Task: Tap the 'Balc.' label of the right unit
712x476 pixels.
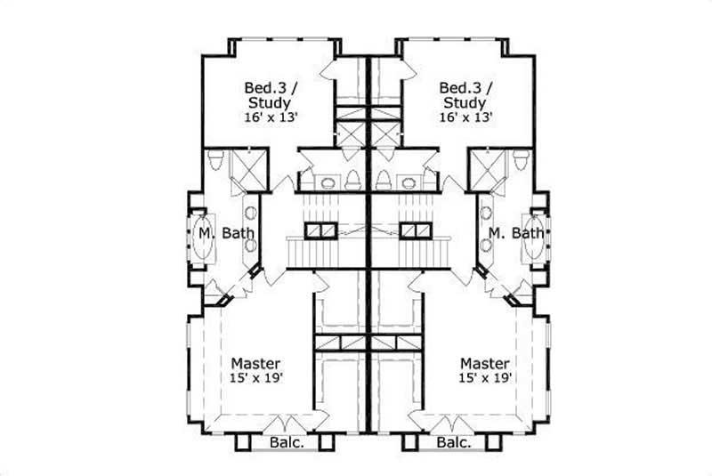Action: click(x=453, y=442)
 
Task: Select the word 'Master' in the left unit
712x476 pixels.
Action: click(x=256, y=364)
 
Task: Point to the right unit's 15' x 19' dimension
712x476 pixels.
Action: click(x=485, y=379)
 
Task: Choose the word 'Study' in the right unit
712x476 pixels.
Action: click(x=465, y=102)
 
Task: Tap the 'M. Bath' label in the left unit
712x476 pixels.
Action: click(x=227, y=234)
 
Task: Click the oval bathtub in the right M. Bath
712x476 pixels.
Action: click(x=536, y=235)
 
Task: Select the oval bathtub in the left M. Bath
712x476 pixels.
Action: click(x=204, y=235)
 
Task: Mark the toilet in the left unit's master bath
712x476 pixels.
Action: click(x=215, y=161)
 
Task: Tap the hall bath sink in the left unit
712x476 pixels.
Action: click(x=328, y=183)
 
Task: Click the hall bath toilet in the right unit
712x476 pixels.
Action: click(x=384, y=180)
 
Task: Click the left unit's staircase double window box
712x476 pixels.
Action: click(x=318, y=230)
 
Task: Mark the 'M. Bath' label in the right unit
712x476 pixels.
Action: click(x=516, y=234)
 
